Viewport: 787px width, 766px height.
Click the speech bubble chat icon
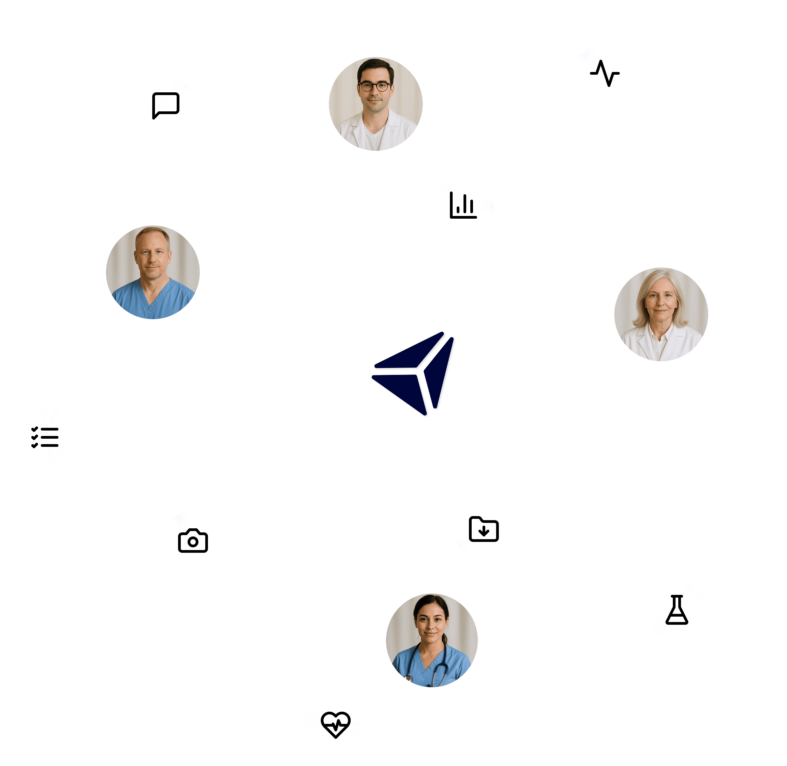[x=165, y=105]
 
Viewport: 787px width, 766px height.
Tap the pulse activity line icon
[x=605, y=73]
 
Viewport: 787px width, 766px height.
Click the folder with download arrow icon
[x=484, y=529]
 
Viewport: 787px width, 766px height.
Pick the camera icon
[x=193, y=541]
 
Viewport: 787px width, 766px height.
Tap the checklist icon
[x=45, y=437]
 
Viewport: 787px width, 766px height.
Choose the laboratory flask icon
[x=677, y=610]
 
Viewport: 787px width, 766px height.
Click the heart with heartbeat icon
[x=335, y=724]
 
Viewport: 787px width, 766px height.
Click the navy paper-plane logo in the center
[x=413, y=372]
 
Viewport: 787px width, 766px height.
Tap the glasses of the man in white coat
[x=375, y=86]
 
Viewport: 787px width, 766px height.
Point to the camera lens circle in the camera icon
[x=193, y=542]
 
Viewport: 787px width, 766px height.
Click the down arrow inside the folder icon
[x=484, y=531]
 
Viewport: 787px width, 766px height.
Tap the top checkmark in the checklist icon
[x=35, y=429]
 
